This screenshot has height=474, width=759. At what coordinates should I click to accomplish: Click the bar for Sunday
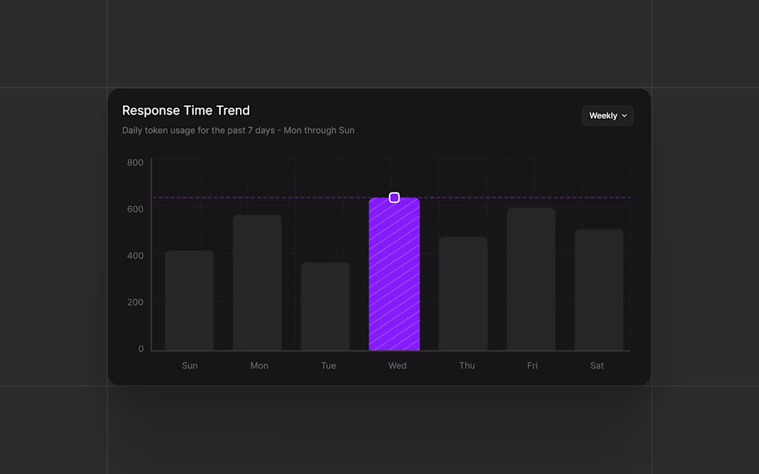pyautogui.click(x=189, y=301)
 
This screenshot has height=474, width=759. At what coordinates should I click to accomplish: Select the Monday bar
pyautogui.click(x=257, y=283)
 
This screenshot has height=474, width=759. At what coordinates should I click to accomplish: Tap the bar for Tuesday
pyautogui.click(x=325, y=306)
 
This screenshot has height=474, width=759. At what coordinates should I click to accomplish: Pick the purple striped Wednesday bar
pyautogui.click(x=394, y=276)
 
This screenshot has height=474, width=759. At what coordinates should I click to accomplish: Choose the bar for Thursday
pyautogui.click(x=463, y=294)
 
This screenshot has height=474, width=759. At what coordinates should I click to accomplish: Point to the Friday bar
pyautogui.click(x=531, y=279)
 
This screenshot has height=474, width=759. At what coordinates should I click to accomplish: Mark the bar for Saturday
pyautogui.click(x=599, y=290)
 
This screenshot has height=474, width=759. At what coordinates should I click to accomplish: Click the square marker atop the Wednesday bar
pyautogui.click(x=394, y=198)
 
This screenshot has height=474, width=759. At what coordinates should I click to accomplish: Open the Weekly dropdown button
pyautogui.click(x=607, y=116)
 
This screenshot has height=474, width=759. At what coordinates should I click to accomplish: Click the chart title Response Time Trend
pyautogui.click(x=186, y=110)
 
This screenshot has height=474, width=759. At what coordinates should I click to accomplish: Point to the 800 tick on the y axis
pyautogui.click(x=135, y=163)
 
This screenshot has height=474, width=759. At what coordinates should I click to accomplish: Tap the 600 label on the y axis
pyautogui.click(x=135, y=209)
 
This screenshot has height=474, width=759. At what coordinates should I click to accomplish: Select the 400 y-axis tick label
pyautogui.click(x=135, y=256)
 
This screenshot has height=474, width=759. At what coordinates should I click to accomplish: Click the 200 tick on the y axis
pyautogui.click(x=135, y=302)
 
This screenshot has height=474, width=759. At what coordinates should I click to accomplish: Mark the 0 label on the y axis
pyautogui.click(x=141, y=349)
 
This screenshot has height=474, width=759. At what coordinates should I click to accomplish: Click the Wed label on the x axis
pyautogui.click(x=397, y=366)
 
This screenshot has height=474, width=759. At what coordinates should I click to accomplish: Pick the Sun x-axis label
pyautogui.click(x=190, y=366)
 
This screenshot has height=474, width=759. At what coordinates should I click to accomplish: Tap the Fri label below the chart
pyautogui.click(x=532, y=366)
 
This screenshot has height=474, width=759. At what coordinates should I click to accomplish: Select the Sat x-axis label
pyautogui.click(x=597, y=366)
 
